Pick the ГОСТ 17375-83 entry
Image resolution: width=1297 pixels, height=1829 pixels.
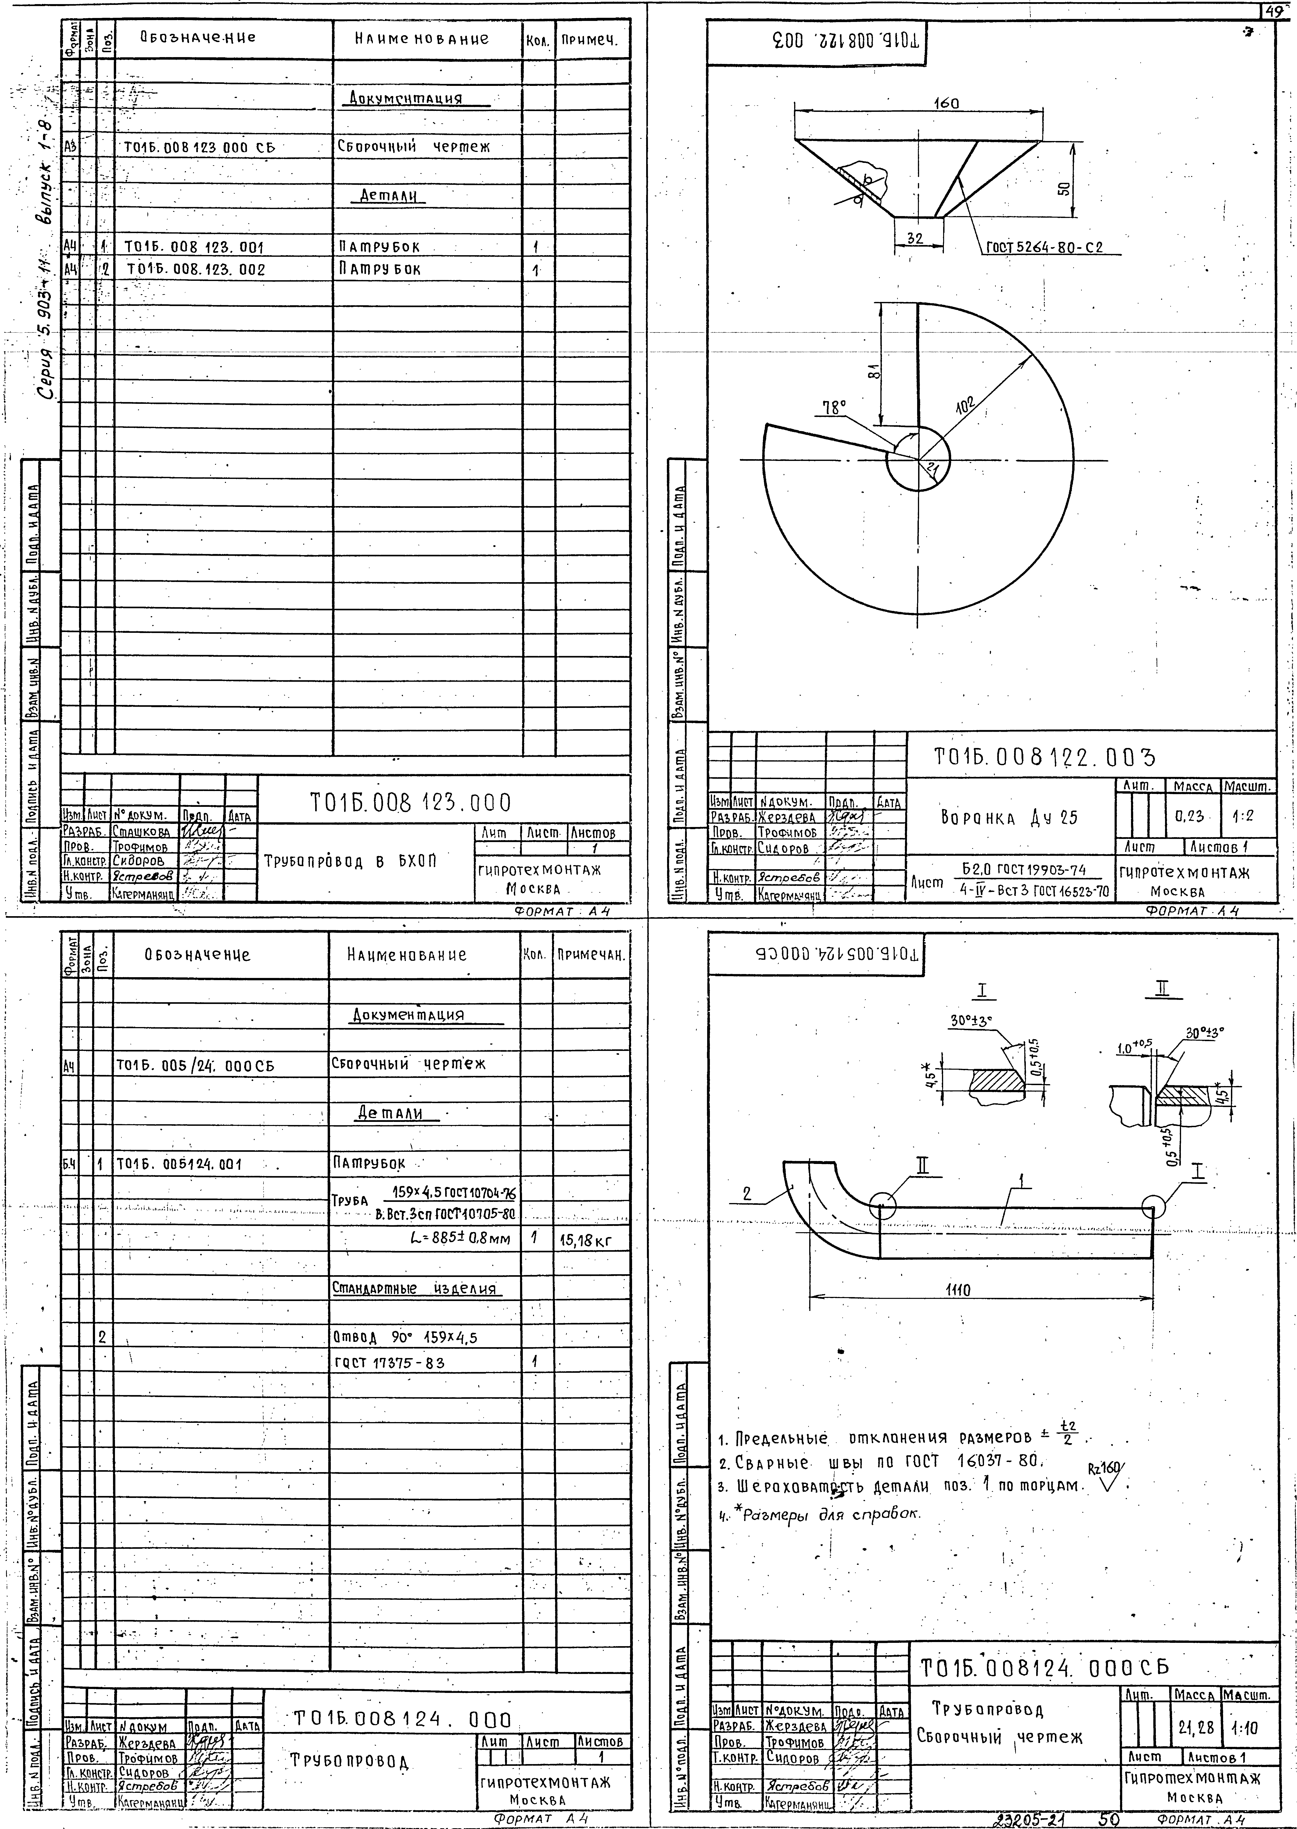pyautogui.click(x=389, y=1363)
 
